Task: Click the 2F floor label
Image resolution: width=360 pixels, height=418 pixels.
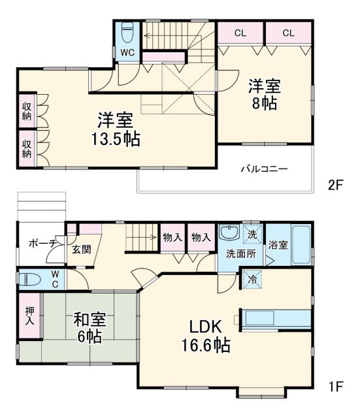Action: tap(335, 185)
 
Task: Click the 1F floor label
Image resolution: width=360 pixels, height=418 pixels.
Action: tap(335, 385)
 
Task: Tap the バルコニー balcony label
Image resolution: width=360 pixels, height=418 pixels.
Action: tap(264, 169)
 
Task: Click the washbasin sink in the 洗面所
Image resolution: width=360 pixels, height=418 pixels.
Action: tap(229, 233)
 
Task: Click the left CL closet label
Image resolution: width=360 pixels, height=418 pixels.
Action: tap(240, 31)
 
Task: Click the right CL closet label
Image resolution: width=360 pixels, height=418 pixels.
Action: tap(288, 31)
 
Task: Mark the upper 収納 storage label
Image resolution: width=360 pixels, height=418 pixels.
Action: tap(26, 112)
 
